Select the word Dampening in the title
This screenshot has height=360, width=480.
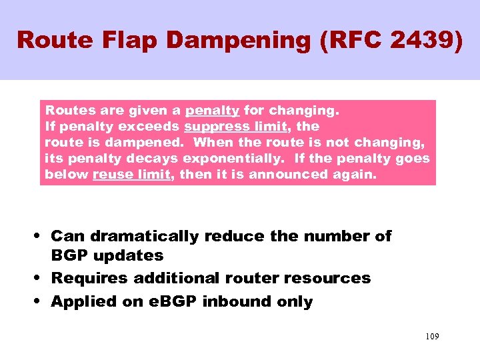(x=237, y=40)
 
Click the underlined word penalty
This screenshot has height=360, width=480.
(x=212, y=110)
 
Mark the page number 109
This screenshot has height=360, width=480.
(x=432, y=337)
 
